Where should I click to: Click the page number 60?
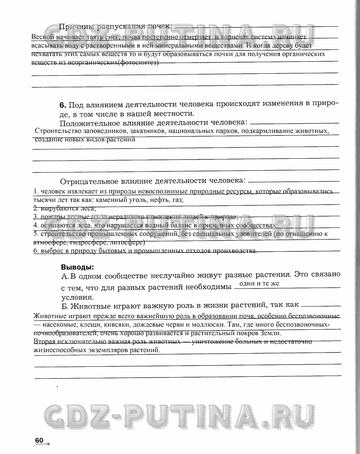(39, 440)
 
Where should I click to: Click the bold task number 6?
(63, 105)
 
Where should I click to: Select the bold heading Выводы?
(77, 266)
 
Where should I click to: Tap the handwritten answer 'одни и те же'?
(259, 284)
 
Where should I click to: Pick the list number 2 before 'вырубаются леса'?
(35, 208)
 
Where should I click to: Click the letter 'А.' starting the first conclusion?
(65, 276)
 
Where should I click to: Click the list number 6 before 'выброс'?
(35, 251)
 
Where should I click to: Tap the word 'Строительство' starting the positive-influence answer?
(54, 131)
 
